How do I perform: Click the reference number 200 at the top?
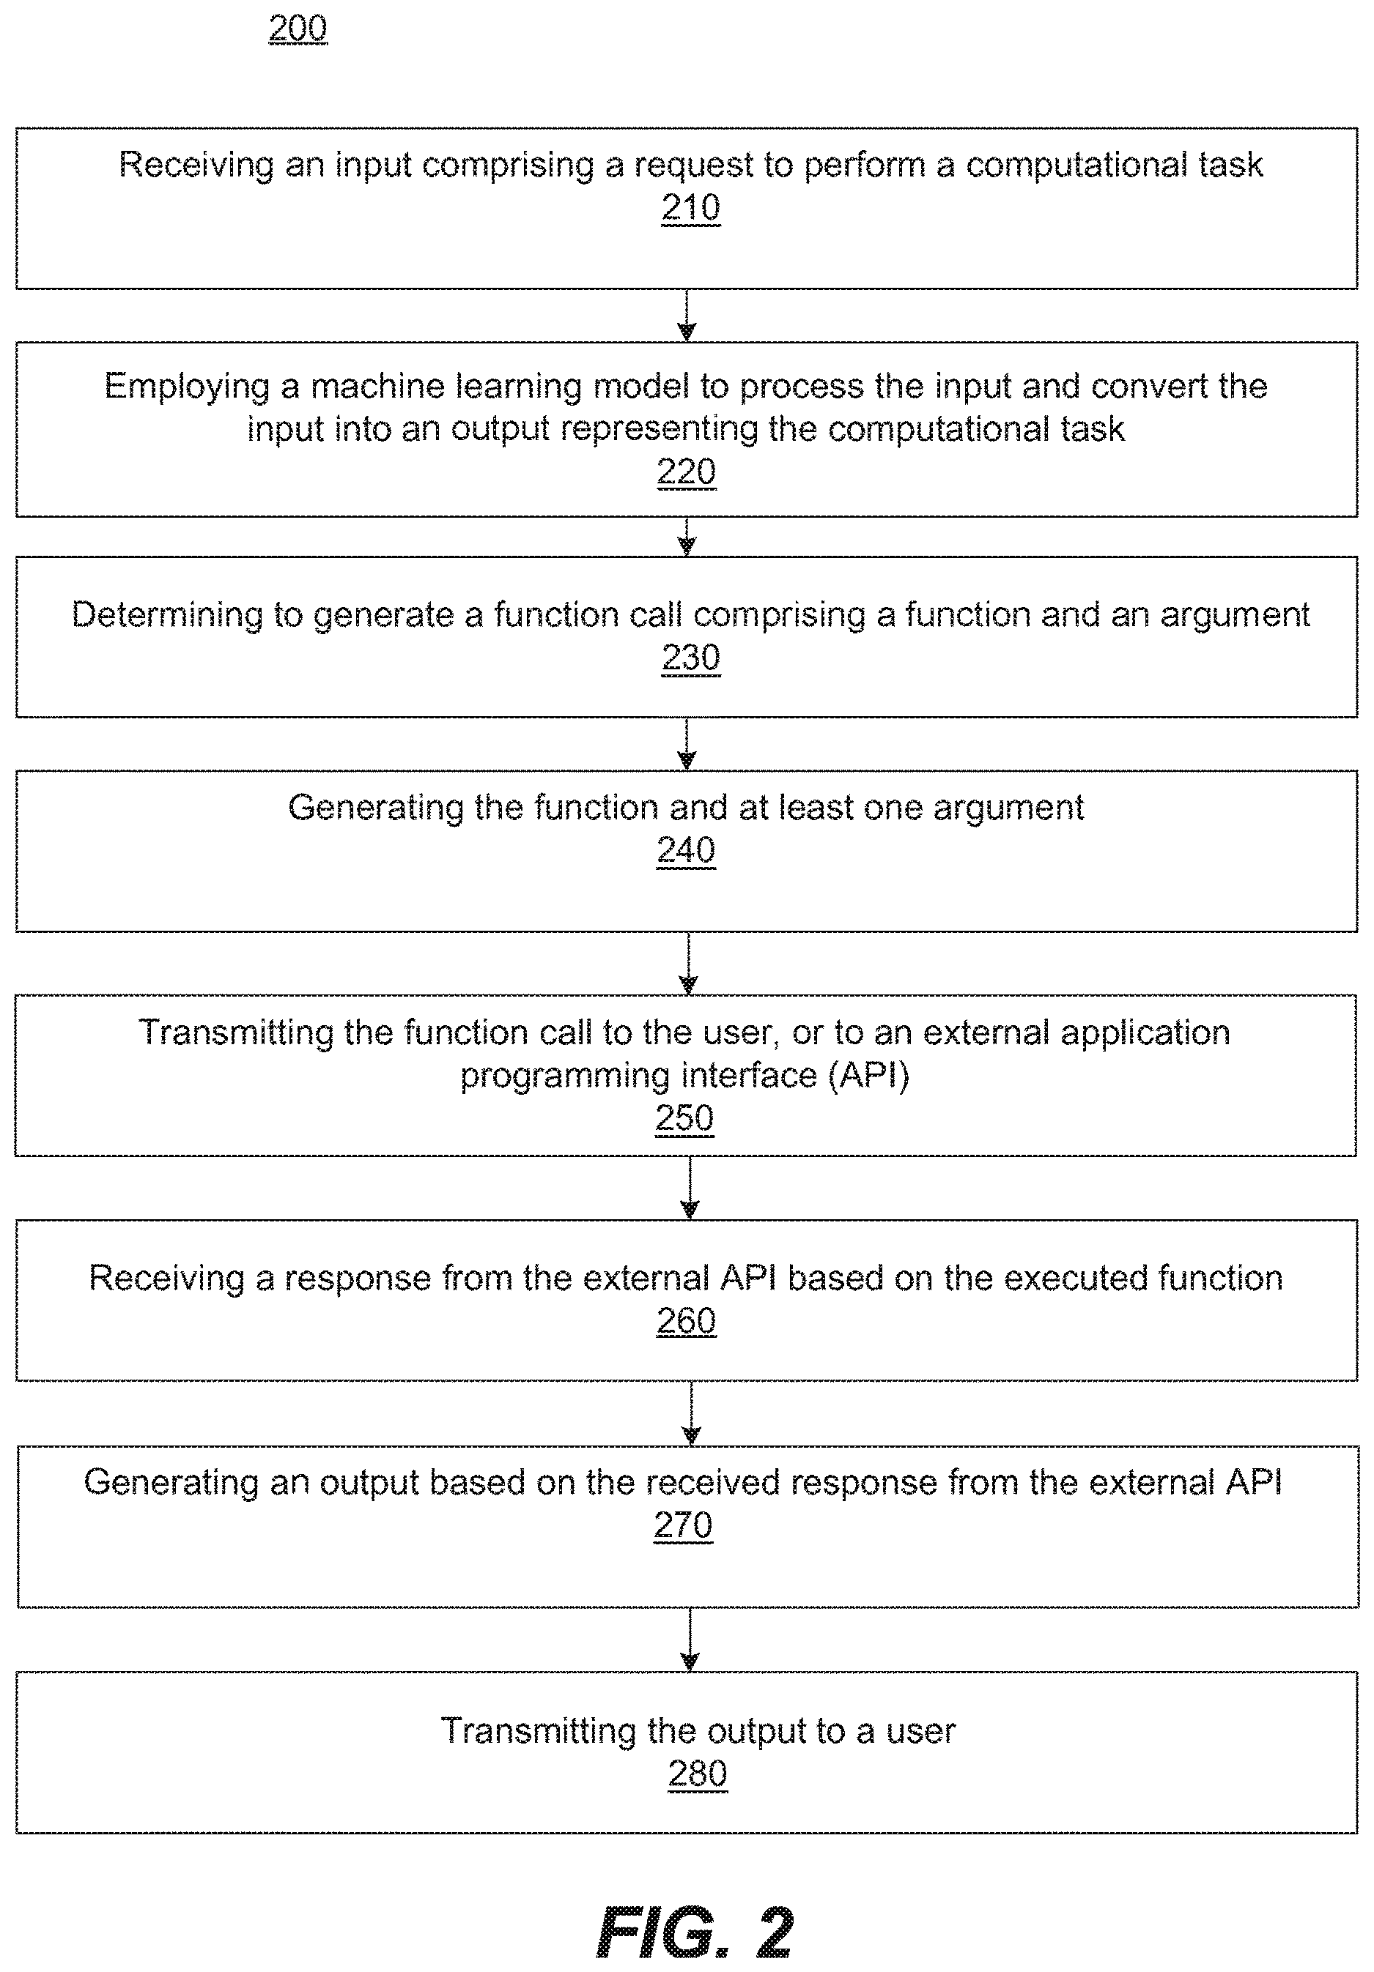(x=298, y=29)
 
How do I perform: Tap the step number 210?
(x=691, y=208)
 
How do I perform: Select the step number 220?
(x=686, y=472)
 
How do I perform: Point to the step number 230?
(x=691, y=658)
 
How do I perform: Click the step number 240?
(x=686, y=850)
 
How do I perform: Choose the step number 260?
(x=686, y=1321)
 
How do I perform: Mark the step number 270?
(x=683, y=1525)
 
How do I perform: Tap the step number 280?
(x=697, y=1774)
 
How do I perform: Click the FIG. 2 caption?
(x=694, y=1932)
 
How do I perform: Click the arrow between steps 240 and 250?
(x=688, y=964)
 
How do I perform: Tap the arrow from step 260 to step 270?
(x=692, y=1414)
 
